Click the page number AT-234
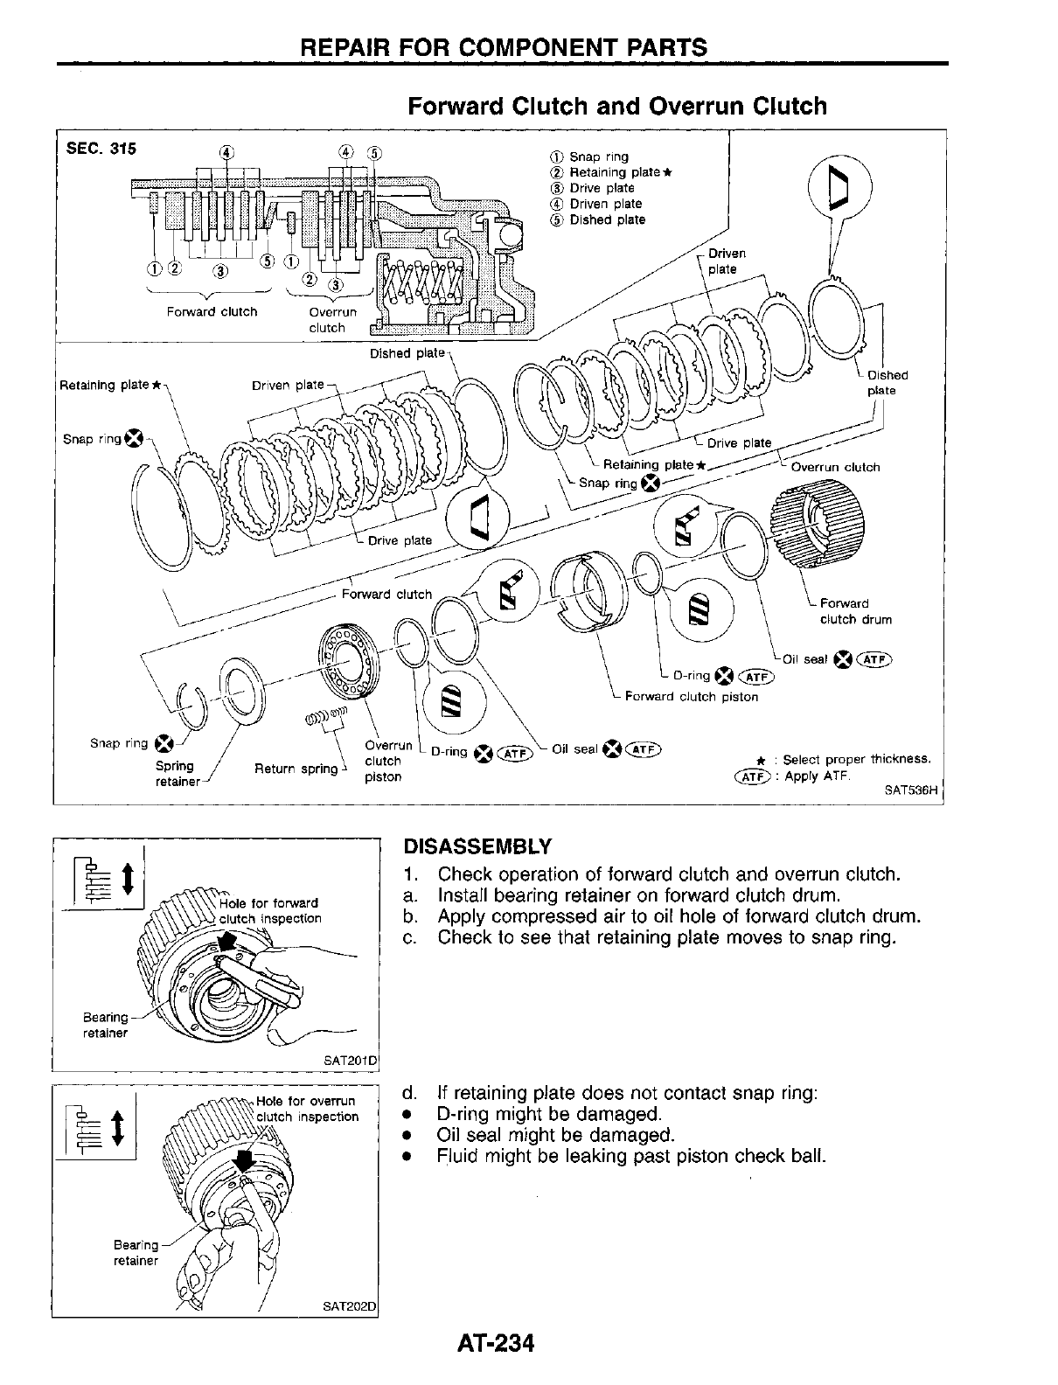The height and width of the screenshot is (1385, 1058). (494, 1342)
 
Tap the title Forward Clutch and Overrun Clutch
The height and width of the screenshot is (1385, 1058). (617, 107)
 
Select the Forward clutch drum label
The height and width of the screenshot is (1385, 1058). (855, 611)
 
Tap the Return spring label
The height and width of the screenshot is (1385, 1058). (296, 769)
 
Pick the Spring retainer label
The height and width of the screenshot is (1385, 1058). (177, 774)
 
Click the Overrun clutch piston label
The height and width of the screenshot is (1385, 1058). (383, 761)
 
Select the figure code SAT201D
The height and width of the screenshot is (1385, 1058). (350, 1061)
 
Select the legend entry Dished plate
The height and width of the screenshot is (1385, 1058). (607, 220)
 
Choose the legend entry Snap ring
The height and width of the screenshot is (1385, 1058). (599, 157)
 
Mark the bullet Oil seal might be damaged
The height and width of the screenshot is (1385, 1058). (555, 1135)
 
